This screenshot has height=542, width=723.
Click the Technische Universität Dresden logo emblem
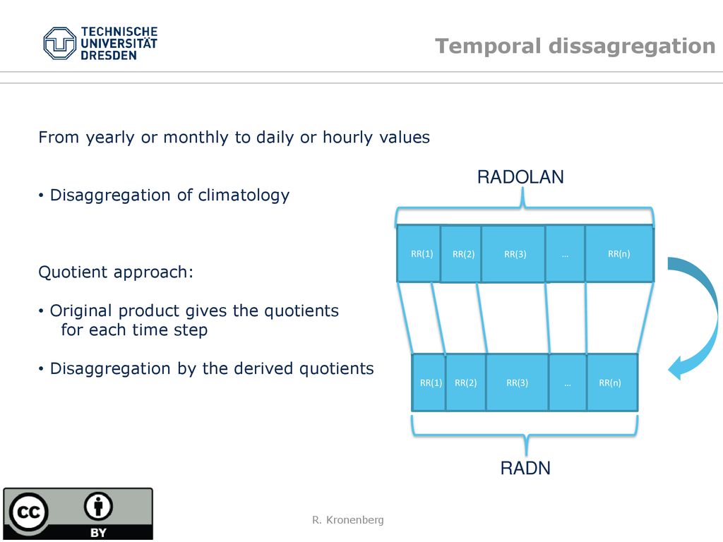(59, 43)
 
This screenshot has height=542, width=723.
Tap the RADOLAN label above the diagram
(520, 177)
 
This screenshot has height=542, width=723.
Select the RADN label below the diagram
(525, 468)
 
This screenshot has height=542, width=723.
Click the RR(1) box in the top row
(419, 253)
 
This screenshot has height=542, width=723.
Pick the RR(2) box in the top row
(461, 253)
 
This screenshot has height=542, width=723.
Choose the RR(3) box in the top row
(513, 253)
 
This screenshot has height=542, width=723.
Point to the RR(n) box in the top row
(619, 253)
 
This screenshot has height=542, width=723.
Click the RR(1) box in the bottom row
(429, 383)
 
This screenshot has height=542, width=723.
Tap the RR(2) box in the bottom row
(466, 383)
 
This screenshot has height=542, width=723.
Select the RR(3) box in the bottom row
(518, 383)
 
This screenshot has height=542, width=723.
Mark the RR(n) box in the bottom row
(612, 383)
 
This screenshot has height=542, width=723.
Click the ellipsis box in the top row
(566, 253)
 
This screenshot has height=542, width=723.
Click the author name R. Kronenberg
(347, 520)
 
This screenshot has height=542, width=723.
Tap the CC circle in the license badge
(28, 512)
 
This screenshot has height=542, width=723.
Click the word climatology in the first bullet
(244, 195)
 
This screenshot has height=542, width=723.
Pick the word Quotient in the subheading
(73, 272)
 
